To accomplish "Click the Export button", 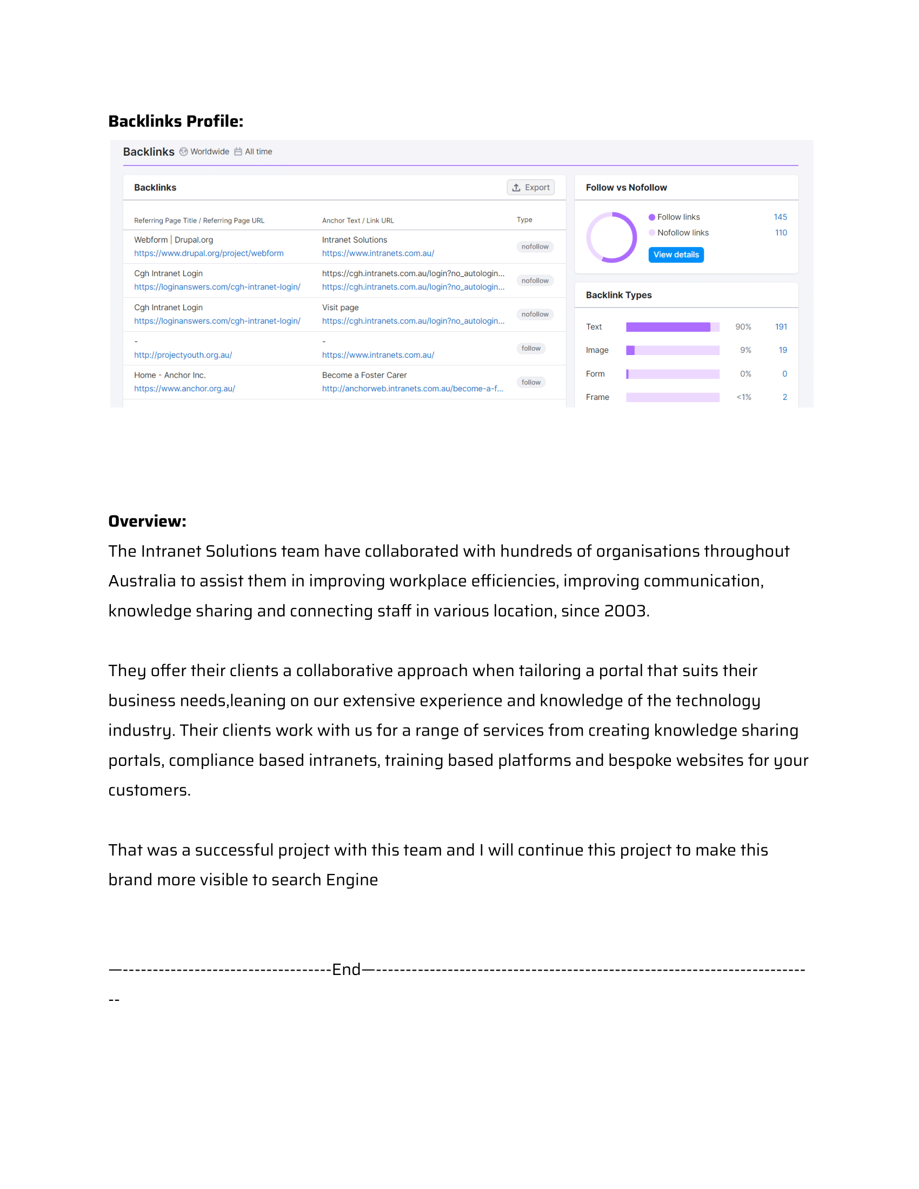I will pyautogui.click(x=530, y=188).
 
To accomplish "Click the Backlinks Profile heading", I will pyautogui.click(x=176, y=121).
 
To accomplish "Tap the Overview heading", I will pyautogui.click(x=147, y=521).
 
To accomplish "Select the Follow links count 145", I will pyautogui.click(x=780, y=217).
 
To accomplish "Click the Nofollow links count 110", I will pyautogui.click(x=780, y=232).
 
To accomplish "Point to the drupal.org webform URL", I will pyautogui.click(x=209, y=253).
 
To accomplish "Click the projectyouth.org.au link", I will pyautogui.click(x=183, y=355).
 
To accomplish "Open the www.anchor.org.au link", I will pyautogui.click(x=184, y=389).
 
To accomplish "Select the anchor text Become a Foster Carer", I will pyautogui.click(x=364, y=375).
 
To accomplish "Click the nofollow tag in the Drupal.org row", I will pyautogui.click(x=535, y=246).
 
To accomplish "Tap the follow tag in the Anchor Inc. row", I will pyautogui.click(x=530, y=382).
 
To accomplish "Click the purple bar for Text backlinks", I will pyautogui.click(x=668, y=326).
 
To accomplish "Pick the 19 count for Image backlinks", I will pyautogui.click(x=782, y=350).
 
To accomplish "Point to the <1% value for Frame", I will pyautogui.click(x=743, y=397).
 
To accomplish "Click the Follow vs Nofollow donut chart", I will pyautogui.click(x=611, y=237).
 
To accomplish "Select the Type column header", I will pyautogui.click(x=524, y=220).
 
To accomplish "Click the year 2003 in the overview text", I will pyautogui.click(x=625, y=611).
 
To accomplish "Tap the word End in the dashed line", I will pyautogui.click(x=347, y=969).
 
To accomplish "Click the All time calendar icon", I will pyautogui.click(x=238, y=152).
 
